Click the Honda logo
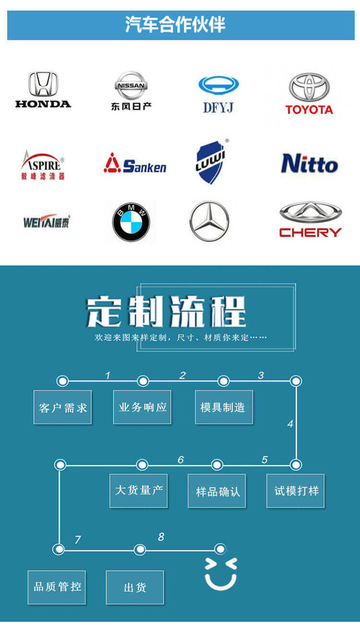click(x=44, y=90)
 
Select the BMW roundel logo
click(x=131, y=222)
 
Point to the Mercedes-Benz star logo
click(x=209, y=221)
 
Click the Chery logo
click(x=310, y=219)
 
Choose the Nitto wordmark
click(x=310, y=163)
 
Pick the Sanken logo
click(x=135, y=163)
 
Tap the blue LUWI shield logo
click(x=211, y=162)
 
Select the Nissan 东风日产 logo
click(x=131, y=91)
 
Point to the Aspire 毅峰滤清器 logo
click(x=42, y=165)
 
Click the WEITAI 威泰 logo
click(x=47, y=221)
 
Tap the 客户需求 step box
click(x=63, y=407)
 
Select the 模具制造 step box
click(x=224, y=407)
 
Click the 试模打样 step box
click(x=295, y=491)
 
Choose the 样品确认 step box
click(x=217, y=491)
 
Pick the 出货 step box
click(x=135, y=587)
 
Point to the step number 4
click(x=290, y=424)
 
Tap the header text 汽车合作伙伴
click(x=175, y=25)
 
